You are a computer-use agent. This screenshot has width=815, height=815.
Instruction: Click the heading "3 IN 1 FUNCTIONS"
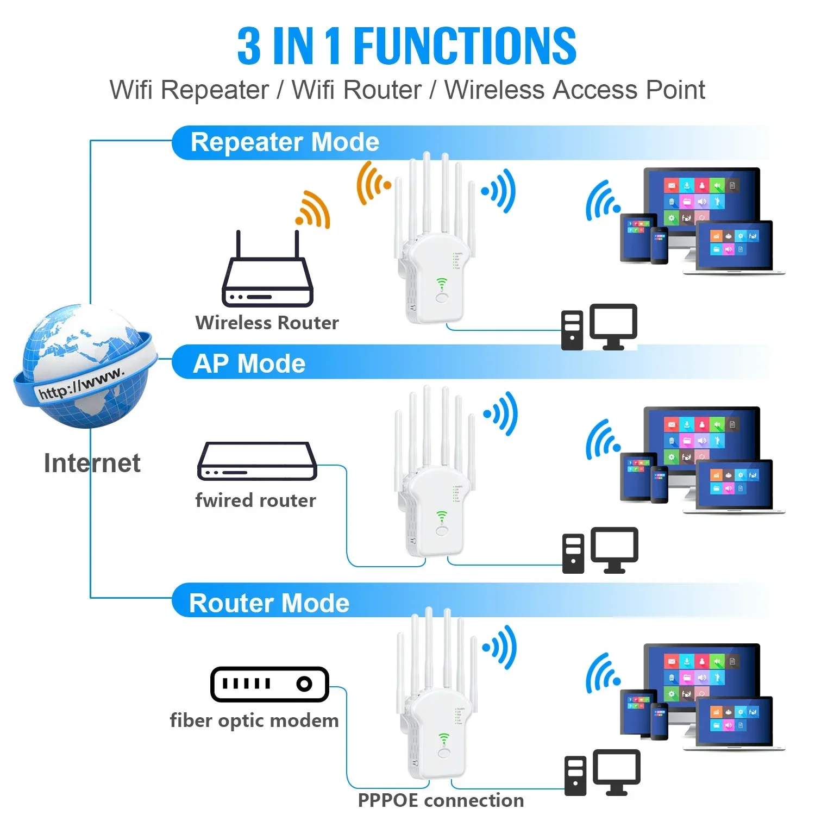coord(406,46)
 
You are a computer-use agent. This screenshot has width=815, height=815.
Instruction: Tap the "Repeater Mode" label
coord(285,142)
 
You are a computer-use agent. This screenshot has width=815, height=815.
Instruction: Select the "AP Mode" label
coord(249,363)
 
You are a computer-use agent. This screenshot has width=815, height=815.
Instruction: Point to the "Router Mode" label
coord(269,603)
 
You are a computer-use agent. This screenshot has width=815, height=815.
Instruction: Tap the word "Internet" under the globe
coord(92,463)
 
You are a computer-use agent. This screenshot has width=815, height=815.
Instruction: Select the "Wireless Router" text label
coord(267,323)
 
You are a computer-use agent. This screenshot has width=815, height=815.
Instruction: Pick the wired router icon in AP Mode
coord(257,462)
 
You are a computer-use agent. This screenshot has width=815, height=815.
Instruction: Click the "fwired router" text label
coord(255,500)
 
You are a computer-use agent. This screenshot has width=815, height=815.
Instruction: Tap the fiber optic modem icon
coord(269,684)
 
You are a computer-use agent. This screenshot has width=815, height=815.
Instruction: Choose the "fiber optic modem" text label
coord(254,720)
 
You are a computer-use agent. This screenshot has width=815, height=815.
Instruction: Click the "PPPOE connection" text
coord(441,800)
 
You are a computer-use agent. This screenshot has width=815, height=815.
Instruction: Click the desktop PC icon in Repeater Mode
coord(599,327)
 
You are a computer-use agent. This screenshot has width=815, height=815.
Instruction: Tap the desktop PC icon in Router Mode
coord(603,773)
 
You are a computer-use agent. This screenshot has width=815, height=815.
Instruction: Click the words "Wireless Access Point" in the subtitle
coord(574,90)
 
